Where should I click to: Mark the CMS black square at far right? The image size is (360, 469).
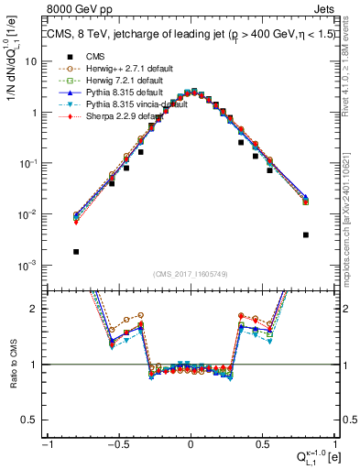[305, 234]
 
